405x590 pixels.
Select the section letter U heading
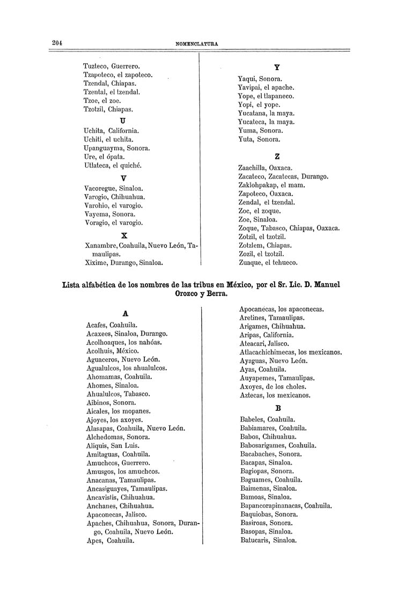[x=123, y=121]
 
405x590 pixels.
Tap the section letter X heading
[x=124, y=235]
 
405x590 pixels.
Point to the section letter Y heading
[x=276, y=68]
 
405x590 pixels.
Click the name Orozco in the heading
[x=187, y=294]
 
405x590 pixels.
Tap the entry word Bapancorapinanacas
[x=271, y=505]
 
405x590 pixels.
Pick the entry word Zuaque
[x=251, y=263]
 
